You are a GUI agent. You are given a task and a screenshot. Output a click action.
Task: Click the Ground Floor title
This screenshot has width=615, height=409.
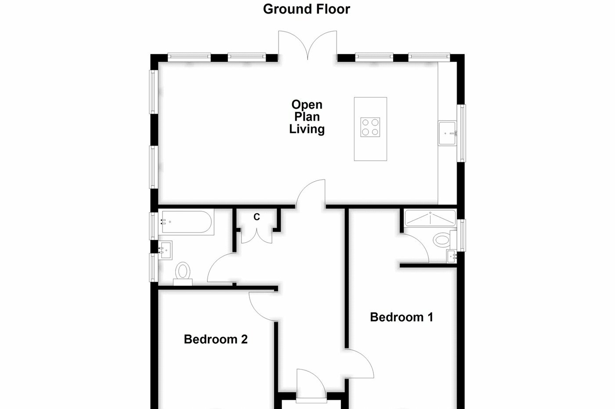tap(306, 9)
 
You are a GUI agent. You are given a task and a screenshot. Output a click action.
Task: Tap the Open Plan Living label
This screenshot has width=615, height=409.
tap(307, 117)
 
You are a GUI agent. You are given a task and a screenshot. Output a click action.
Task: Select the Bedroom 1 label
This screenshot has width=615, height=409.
tap(402, 317)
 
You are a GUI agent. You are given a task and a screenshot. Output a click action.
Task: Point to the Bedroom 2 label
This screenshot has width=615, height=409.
tap(216, 339)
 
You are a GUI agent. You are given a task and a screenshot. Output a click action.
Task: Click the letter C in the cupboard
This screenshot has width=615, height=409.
tap(257, 217)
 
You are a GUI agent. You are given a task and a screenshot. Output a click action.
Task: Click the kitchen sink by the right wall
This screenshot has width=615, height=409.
tap(448, 133)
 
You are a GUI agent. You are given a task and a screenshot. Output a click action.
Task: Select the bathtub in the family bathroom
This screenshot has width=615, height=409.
tap(187, 222)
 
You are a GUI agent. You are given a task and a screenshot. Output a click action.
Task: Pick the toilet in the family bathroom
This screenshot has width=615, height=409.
tap(182, 272)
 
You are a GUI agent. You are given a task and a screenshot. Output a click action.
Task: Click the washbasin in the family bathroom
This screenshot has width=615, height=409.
tap(165, 250)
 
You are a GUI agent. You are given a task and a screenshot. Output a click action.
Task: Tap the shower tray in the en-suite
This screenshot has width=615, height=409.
tap(430, 218)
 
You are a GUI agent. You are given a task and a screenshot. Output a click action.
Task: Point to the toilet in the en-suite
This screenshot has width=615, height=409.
tap(441, 240)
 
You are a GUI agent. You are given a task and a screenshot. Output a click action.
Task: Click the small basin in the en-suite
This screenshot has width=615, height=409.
tap(452, 256)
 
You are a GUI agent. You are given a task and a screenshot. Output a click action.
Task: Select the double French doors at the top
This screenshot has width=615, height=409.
tap(307, 45)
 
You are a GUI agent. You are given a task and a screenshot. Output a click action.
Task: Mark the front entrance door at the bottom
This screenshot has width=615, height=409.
tap(311, 385)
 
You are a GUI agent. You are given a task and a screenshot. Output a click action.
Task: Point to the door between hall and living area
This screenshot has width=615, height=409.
tap(311, 193)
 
